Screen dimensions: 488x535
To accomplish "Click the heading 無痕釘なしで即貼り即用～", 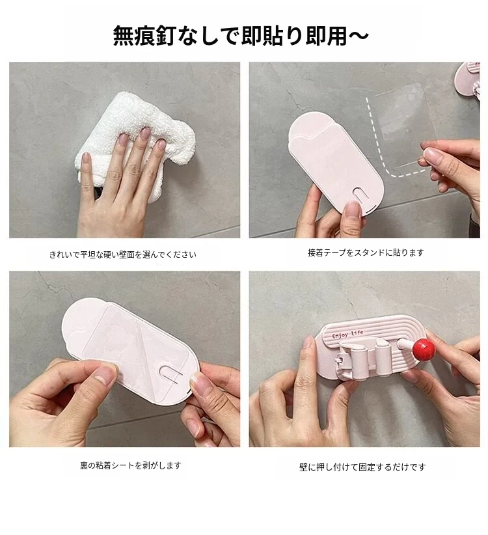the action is tap(240, 36).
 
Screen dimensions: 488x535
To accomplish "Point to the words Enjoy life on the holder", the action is tap(347, 334).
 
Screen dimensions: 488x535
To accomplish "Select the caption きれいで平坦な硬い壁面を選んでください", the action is tap(123, 254).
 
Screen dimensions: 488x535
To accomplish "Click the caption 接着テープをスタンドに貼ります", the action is tap(366, 253).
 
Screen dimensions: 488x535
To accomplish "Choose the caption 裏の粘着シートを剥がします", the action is tap(131, 465).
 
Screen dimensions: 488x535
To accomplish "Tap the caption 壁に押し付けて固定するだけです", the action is tap(362, 467).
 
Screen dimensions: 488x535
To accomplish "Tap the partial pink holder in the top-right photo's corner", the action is tap(468, 81).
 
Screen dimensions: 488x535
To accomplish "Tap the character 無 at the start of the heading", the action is tap(124, 36).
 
